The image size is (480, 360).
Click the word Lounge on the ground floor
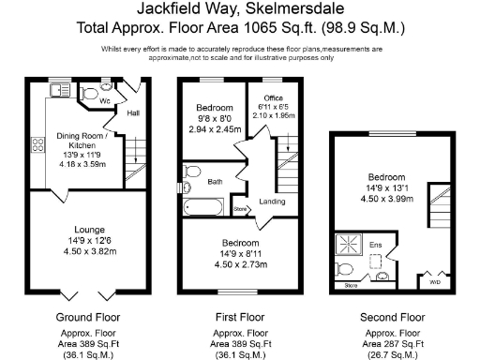pos(84,230)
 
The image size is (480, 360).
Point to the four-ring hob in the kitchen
pos(39,144)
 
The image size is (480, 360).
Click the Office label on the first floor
pos(274,97)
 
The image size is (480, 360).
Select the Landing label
pos(272,202)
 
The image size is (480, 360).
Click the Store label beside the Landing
pos(240,208)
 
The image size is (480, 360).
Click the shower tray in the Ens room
pos(352,246)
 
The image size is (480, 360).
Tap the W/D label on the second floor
pos(433,280)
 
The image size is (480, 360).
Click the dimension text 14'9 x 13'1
pos(387,187)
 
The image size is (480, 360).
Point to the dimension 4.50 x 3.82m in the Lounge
pos(84,251)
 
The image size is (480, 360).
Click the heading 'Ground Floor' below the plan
pos(84,318)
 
